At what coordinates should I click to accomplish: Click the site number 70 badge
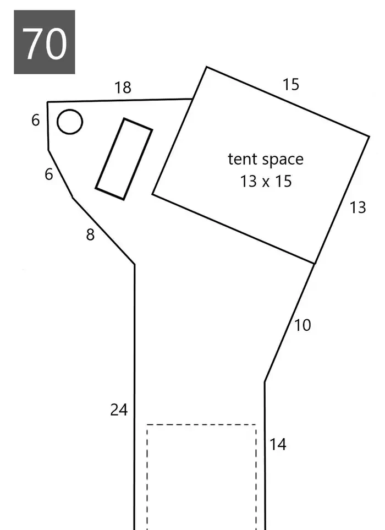point(44,42)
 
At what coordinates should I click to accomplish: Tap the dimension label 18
point(123,88)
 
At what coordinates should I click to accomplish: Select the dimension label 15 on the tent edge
point(291,84)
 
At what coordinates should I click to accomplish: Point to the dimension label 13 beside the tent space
point(358,207)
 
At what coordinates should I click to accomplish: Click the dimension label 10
point(302,325)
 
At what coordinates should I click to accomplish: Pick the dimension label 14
point(278,444)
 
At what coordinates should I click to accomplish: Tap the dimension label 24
point(119,410)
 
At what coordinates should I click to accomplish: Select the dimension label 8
point(90,234)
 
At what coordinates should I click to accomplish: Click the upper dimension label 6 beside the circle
point(35,121)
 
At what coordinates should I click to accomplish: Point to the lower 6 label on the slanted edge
point(49,174)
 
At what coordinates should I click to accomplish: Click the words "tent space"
point(266,159)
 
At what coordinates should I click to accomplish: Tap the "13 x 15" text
point(266,181)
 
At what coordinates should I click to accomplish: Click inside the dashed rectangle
point(201,477)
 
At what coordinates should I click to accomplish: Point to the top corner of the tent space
point(206,67)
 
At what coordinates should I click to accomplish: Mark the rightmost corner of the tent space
point(370,136)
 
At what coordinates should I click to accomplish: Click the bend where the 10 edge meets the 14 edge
point(265,383)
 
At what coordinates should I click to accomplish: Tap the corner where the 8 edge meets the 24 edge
point(135,264)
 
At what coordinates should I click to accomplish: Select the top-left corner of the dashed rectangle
point(147,424)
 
